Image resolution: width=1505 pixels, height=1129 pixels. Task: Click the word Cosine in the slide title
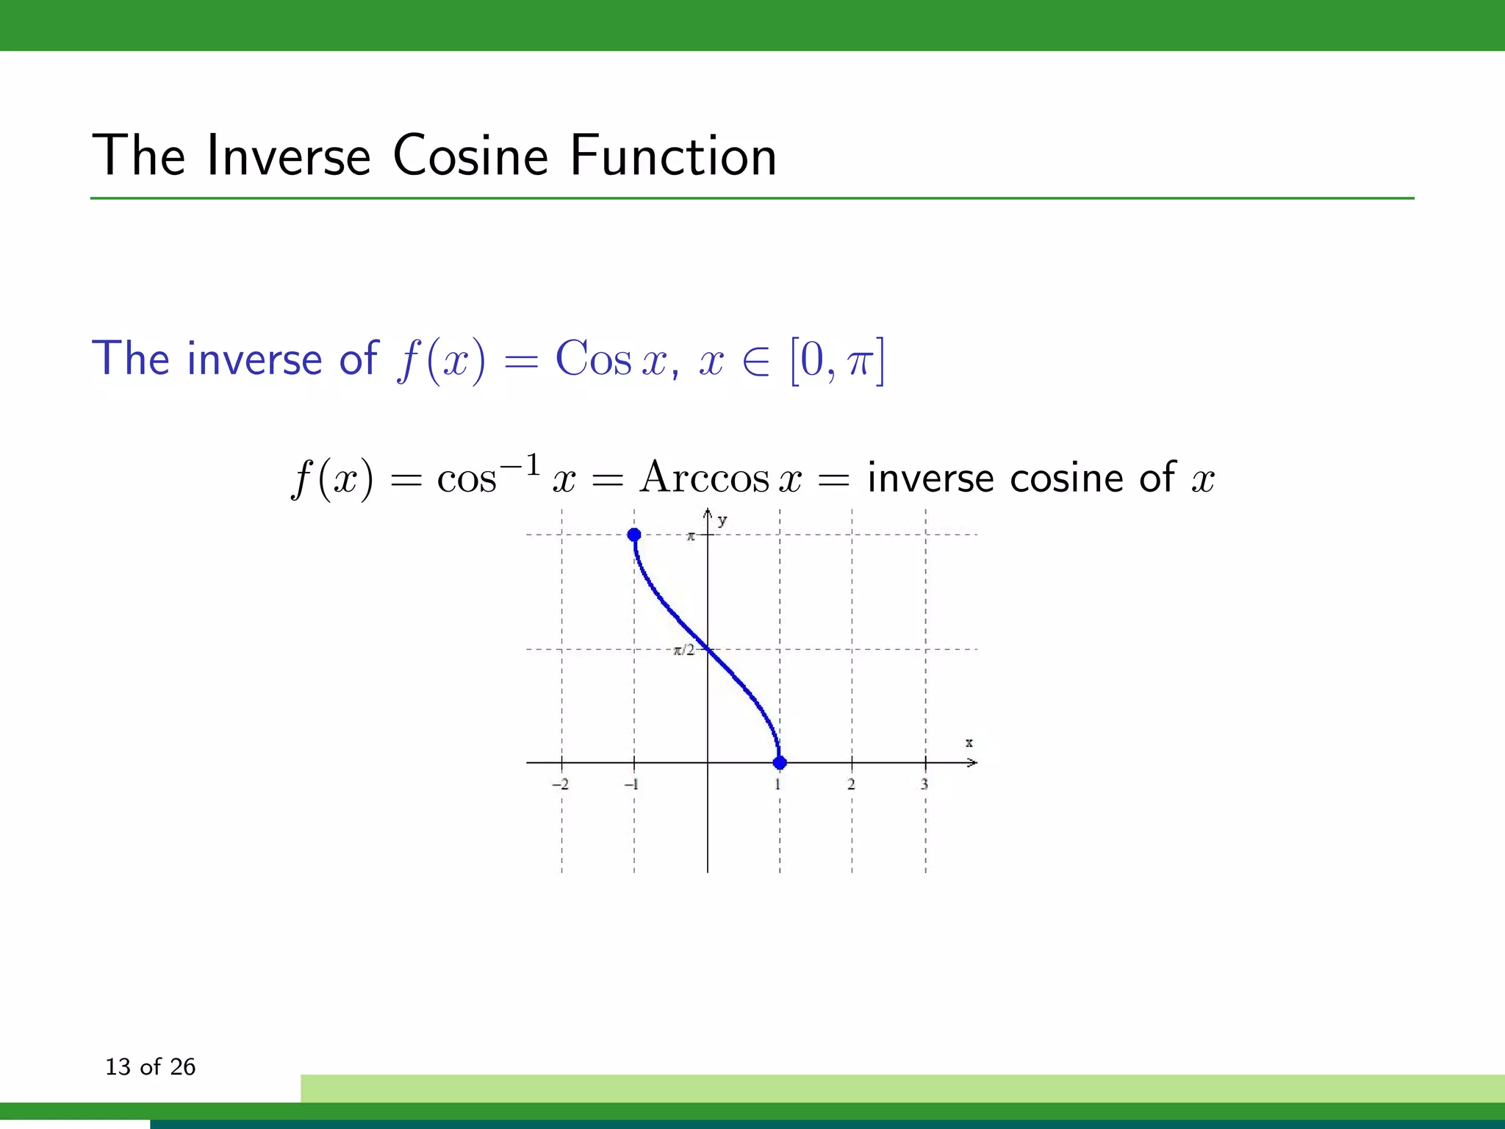(470, 156)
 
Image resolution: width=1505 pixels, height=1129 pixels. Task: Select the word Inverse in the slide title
(288, 156)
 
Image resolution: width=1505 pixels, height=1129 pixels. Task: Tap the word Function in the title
(673, 156)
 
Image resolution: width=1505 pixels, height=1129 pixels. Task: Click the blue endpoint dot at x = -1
(634, 535)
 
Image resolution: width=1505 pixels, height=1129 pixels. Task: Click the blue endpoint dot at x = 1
(780, 763)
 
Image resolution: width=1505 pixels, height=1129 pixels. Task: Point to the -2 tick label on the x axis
(560, 784)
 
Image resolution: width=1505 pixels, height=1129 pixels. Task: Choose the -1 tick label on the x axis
(631, 784)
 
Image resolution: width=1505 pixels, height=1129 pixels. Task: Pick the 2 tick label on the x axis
(851, 784)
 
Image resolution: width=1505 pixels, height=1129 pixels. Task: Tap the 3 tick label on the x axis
(924, 784)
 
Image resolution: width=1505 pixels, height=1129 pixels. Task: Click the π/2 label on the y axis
(684, 650)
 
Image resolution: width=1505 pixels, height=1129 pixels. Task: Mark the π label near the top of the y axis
(691, 537)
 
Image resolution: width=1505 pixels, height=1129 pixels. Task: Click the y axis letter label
(722, 520)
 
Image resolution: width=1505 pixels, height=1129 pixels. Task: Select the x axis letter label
(969, 743)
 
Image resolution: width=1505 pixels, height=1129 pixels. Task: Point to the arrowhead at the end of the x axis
(972, 763)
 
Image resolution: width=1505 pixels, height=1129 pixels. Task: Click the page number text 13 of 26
(151, 1067)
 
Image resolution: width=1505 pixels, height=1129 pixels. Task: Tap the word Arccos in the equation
(704, 478)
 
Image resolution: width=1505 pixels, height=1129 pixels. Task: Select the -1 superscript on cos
(520, 465)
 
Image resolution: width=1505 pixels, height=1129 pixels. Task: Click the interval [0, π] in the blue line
(837, 360)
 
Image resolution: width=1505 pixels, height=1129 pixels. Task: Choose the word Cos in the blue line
(593, 360)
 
